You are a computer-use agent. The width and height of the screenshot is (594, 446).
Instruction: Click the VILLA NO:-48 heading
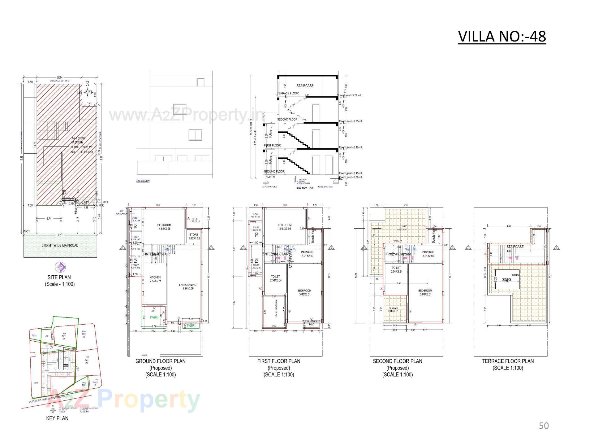point(502,37)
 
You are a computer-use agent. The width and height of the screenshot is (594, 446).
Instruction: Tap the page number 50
point(544,426)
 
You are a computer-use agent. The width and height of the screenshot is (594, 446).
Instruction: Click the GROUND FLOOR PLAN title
point(161,361)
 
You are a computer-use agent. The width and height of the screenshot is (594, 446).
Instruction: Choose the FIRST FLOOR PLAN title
point(279,361)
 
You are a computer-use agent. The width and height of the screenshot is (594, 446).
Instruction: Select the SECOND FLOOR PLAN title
point(398,361)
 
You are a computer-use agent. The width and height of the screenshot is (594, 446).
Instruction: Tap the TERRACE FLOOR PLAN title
point(508,361)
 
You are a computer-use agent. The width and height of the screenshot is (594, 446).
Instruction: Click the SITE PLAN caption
point(59,278)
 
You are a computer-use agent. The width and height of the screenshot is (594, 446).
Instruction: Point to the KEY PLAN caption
point(57,418)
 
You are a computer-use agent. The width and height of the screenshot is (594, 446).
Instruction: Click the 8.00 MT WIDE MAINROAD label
point(60,246)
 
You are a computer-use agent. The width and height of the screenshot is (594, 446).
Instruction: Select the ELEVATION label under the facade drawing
point(143,181)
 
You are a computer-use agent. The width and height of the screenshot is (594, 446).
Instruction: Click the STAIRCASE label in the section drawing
point(305,86)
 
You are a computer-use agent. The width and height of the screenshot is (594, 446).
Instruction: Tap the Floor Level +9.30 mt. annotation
point(350,95)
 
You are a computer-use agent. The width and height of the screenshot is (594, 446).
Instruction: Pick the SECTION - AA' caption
point(305,188)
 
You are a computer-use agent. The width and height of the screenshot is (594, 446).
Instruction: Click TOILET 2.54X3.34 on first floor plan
point(275,278)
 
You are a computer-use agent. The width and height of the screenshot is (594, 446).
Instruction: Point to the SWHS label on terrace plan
point(506,280)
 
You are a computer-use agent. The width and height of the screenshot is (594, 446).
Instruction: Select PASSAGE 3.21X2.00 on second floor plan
point(428,254)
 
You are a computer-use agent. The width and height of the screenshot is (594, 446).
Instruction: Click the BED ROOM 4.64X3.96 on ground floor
point(164,227)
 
